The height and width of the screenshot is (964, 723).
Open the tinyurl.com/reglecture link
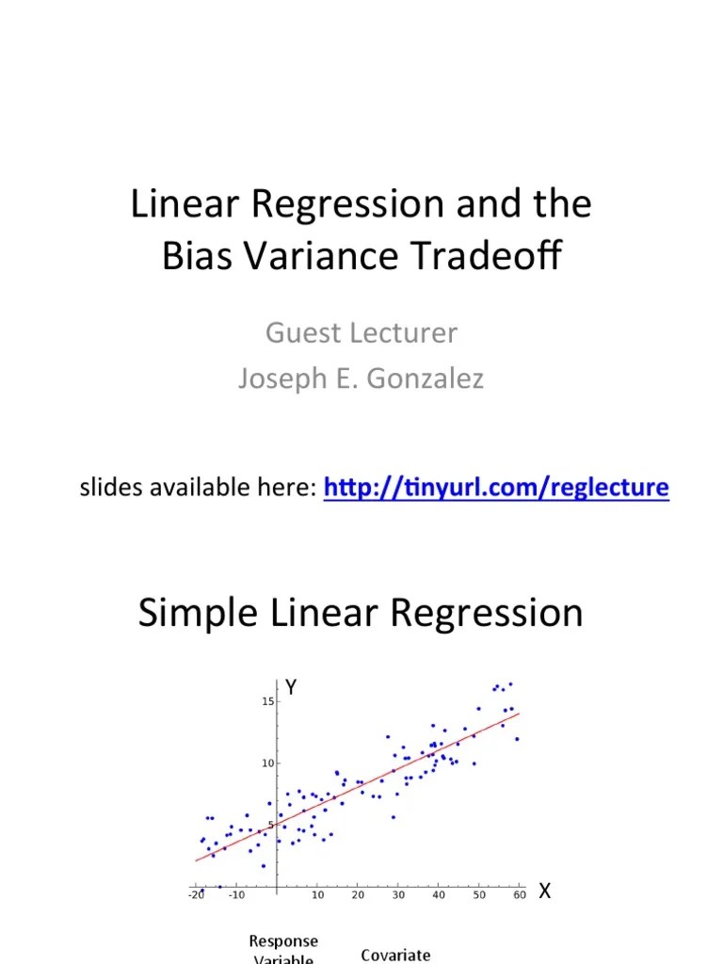coord(496,488)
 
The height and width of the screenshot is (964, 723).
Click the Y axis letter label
coord(292,688)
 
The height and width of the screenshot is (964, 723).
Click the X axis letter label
coord(544,892)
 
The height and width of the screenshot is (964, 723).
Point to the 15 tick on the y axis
coord(267,701)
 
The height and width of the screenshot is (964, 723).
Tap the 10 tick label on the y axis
coord(267,763)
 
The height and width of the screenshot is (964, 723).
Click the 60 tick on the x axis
coord(520,895)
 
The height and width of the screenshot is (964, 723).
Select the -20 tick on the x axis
coord(196,895)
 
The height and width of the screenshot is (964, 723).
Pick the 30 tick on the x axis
coord(398,895)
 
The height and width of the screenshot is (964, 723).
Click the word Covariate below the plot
coord(395,955)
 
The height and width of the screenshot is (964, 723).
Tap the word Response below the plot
coord(283,941)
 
